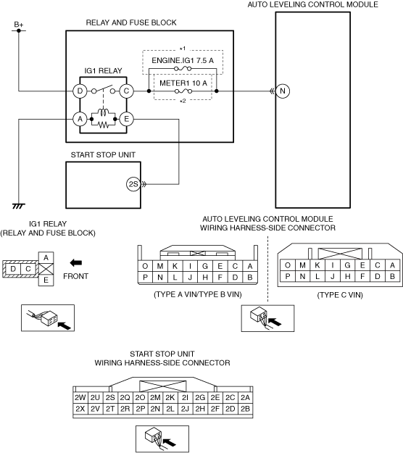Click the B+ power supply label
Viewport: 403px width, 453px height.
[19, 25]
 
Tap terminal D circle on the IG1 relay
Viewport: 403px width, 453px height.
[80, 91]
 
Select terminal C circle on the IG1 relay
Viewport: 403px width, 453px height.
[126, 91]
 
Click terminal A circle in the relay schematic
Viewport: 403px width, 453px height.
[80, 119]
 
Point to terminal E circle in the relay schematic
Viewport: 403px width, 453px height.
[126, 119]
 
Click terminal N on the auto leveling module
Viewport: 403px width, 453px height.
[283, 91]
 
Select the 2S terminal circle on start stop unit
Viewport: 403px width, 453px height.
[133, 184]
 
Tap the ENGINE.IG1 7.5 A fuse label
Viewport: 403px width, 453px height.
[183, 60]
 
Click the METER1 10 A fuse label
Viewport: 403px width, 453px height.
[183, 83]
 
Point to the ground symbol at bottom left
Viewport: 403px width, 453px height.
[19, 206]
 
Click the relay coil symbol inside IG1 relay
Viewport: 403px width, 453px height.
[103, 112]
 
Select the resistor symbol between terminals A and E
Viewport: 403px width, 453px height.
[103, 125]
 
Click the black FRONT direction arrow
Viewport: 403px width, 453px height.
[76, 262]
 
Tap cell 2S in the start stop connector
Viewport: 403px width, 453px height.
[110, 397]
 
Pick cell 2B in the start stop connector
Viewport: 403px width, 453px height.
[245, 409]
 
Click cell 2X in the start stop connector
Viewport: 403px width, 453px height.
[80, 409]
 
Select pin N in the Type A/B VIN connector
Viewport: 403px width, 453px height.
[160, 278]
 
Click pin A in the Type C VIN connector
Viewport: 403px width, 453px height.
[392, 265]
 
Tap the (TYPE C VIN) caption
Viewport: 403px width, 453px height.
[340, 295]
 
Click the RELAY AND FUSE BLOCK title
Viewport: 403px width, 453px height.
[131, 22]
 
